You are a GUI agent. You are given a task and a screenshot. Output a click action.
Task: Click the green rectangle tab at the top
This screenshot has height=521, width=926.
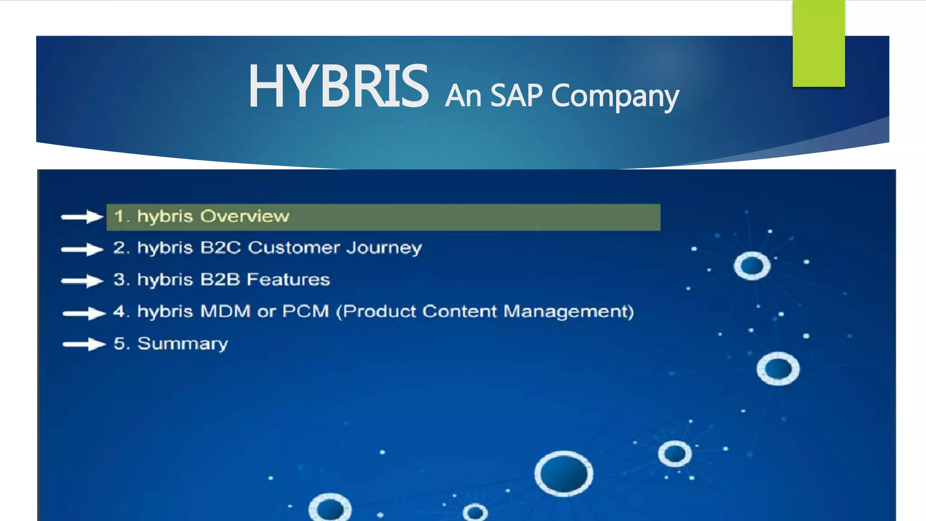[818, 43]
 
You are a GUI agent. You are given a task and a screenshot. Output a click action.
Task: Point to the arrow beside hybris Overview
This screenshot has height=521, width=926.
[82, 217]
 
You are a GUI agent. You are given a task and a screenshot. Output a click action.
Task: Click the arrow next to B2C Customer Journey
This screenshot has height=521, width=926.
[82, 249]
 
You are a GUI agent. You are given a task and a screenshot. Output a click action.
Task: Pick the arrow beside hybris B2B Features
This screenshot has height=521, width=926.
[82, 281]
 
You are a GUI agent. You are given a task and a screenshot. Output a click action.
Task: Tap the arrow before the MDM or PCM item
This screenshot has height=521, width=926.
[84, 313]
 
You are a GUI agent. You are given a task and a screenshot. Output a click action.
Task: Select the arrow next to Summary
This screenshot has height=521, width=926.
[84, 345]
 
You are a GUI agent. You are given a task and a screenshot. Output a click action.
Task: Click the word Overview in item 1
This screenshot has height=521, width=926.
[245, 216]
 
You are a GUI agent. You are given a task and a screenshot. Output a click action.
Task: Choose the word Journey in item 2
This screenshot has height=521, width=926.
[384, 248]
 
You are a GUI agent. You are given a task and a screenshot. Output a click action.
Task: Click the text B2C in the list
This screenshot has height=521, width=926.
[221, 248]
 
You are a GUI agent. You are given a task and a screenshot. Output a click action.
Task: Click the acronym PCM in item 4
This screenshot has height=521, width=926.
[306, 311]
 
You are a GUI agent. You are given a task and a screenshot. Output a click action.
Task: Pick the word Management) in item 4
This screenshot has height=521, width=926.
[568, 312]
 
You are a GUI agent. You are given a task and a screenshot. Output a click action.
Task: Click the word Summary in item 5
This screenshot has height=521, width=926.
[183, 344]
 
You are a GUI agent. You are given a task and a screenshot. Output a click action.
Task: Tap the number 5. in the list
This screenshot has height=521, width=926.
[122, 344]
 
